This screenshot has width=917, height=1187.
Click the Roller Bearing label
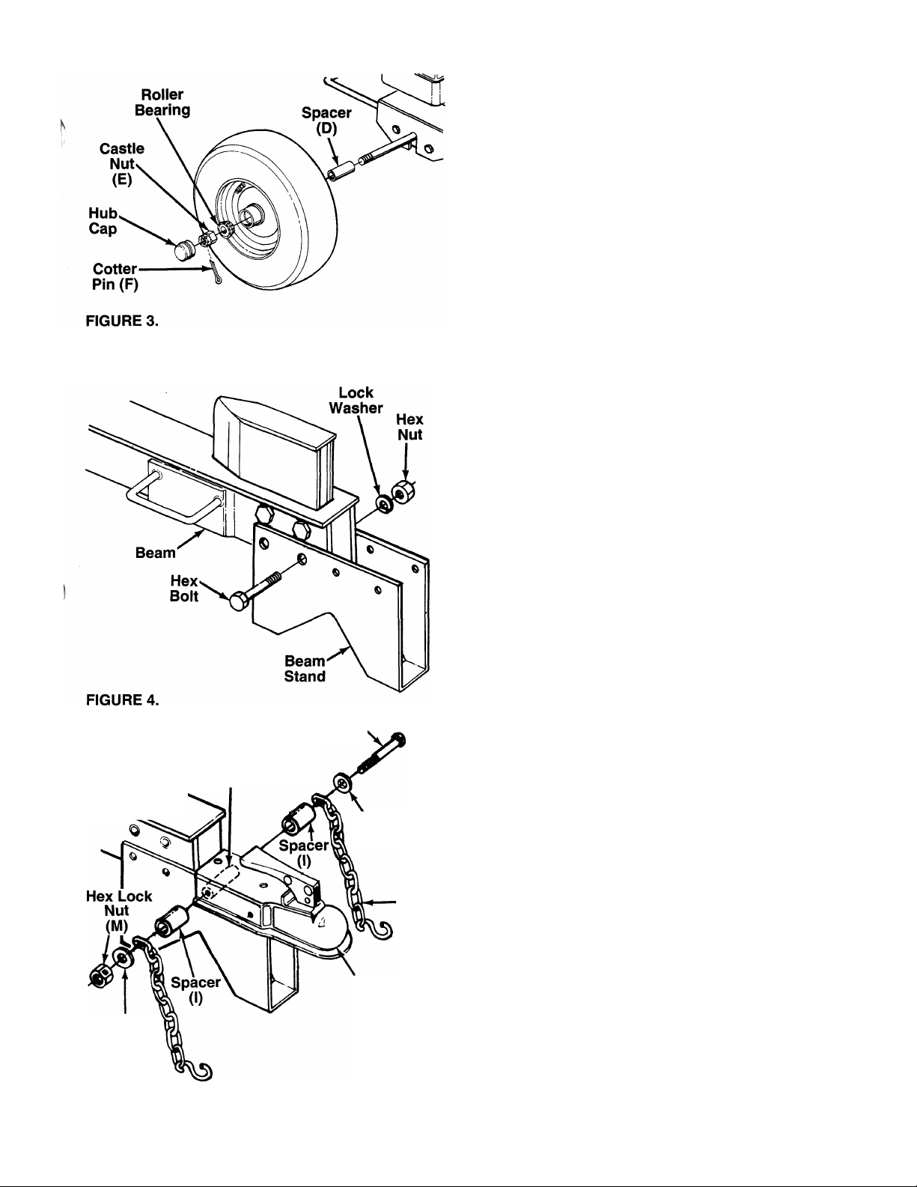[x=162, y=102]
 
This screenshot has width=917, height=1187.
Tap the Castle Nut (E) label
[x=122, y=164]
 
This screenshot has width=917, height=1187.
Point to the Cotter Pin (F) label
[x=115, y=276]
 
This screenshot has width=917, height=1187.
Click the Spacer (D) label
[x=326, y=120]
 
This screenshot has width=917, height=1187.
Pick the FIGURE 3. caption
[x=122, y=321]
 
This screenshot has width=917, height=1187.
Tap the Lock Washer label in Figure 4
[x=356, y=400]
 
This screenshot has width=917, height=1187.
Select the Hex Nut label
[x=409, y=427]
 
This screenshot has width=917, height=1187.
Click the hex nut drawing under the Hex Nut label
[x=405, y=492]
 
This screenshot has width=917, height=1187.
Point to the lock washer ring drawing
[x=385, y=504]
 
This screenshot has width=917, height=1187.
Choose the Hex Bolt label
[x=184, y=588]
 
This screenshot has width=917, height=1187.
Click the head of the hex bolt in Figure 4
[x=239, y=601]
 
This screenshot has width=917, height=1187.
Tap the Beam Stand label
[x=305, y=669]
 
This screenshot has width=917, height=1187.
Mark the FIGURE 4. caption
[x=123, y=699]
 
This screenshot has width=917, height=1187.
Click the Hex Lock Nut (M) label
[x=118, y=911]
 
